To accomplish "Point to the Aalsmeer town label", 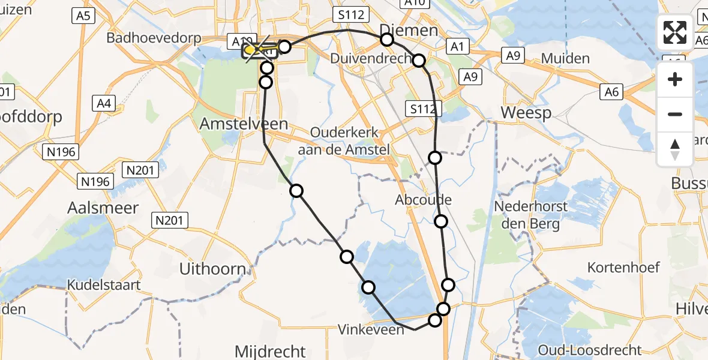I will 104,208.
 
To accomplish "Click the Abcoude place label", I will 424,200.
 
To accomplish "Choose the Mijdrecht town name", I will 270,350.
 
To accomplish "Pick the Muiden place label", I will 565,59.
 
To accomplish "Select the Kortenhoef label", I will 623,268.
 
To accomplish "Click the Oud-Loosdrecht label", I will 590,350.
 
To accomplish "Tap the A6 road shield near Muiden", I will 612,91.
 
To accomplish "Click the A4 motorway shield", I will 104,104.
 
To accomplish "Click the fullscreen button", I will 675,32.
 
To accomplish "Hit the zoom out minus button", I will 675,114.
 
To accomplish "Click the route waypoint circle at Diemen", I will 387,40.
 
